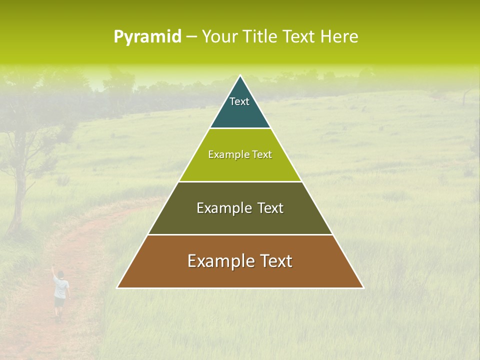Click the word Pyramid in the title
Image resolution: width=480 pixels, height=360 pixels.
(x=147, y=37)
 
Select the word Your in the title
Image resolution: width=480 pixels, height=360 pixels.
(x=218, y=37)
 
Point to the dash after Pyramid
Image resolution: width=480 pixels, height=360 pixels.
(x=191, y=37)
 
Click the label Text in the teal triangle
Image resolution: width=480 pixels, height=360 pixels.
(x=239, y=101)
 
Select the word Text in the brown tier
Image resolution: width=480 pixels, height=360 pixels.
(x=274, y=261)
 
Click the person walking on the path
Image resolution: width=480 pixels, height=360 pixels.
(x=60, y=292)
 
